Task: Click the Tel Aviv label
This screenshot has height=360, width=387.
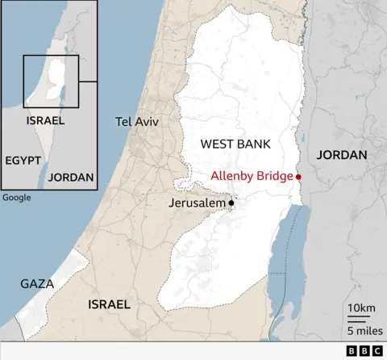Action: (x=137, y=121)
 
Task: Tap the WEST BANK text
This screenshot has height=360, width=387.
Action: (x=235, y=144)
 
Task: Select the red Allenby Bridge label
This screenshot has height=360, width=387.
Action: (x=252, y=176)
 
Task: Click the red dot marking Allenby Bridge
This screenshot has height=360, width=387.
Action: (x=298, y=177)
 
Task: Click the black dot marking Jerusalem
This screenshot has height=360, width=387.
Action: (x=231, y=203)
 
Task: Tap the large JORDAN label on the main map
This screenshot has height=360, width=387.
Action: (x=342, y=154)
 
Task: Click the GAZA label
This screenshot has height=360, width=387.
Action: (x=38, y=284)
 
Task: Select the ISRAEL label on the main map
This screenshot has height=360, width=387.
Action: (x=108, y=304)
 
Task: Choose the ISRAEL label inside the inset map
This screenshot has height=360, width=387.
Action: (x=45, y=121)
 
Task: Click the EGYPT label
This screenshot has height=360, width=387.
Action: (x=23, y=161)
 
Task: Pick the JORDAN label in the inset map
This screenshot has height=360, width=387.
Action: (x=71, y=177)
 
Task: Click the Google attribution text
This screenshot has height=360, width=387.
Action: (x=16, y=198)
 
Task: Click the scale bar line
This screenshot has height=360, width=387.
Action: (x=359, y=320)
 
